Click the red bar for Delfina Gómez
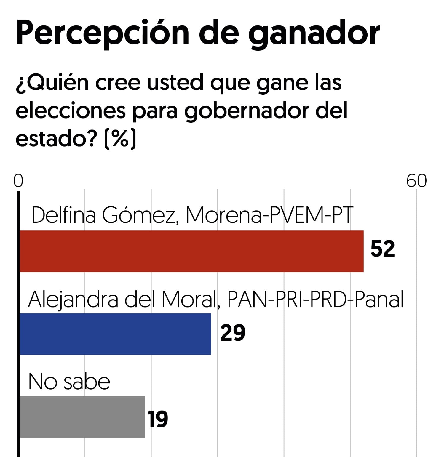[x=191, y=251]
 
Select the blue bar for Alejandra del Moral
[x=115, y=334]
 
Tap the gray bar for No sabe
[x=82, y=417]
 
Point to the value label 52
[x=383, y=249]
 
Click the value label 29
[x=233, y=333]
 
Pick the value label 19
[x=158, y=419]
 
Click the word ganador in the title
[x=314, y=34]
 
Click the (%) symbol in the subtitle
[x=120, y=138]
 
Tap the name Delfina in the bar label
[x=64, y=215]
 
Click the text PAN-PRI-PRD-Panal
[x=315, y=299]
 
